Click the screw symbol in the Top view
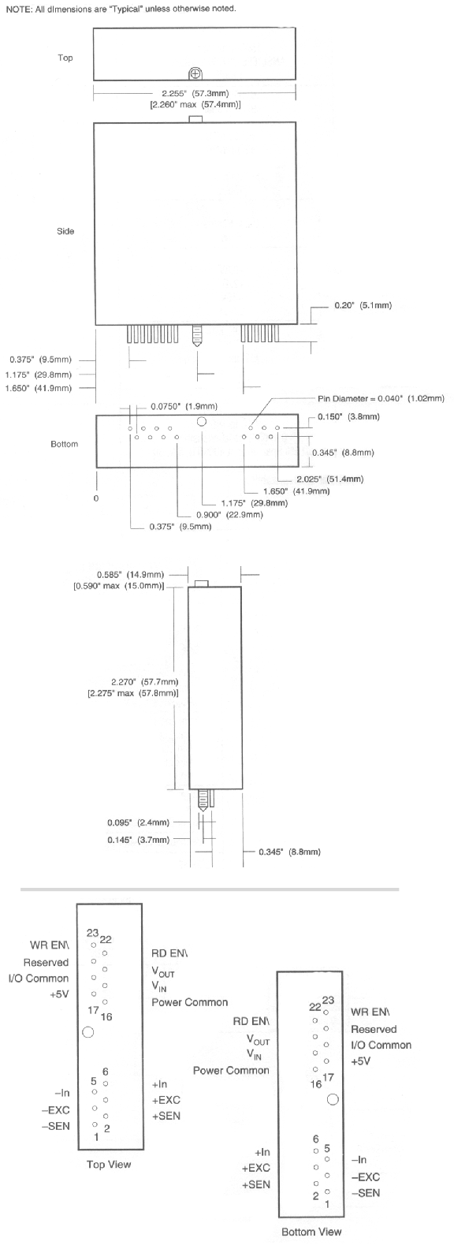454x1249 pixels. (195, 73)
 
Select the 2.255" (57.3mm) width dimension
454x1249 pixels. (195, 93)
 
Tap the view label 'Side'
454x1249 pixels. (65, 231)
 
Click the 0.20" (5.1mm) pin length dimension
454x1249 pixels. (363, 306)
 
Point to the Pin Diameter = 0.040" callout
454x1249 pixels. (381, 399)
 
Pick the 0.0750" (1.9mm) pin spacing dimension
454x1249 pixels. (184, 407)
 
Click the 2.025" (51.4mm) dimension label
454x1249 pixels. (329, 479)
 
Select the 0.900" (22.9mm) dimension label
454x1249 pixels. (229, 515)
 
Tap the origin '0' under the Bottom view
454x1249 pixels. (96, 498)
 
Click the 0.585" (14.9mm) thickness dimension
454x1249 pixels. (130, 575)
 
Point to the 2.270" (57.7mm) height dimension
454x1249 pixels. (145, 682)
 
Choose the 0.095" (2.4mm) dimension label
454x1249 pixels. (138, 822)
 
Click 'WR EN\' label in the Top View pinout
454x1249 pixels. (50, 945)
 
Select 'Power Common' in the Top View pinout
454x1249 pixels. (190, 1002)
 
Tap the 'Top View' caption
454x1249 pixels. (109, 1165)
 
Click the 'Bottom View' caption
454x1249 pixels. (311, 1232)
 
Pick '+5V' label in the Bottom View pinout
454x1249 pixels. (361, 1061)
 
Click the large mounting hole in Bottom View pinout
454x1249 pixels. (333, 1099)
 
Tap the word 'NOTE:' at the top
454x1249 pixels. (17, 9)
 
